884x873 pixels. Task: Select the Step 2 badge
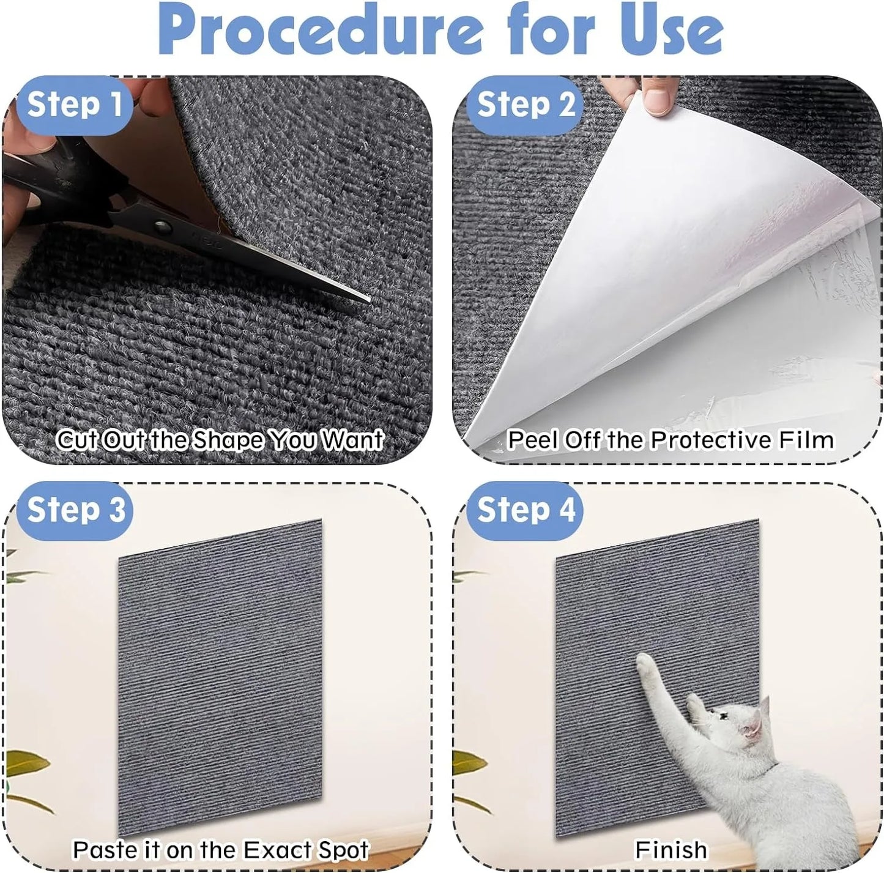(x=524, y=105)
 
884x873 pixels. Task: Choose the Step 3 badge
(x=75, y=510)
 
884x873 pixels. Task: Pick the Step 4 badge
(x=524, y=510)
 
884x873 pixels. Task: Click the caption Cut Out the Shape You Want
(x=219, y=440)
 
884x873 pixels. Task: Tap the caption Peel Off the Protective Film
(x=670, y=440)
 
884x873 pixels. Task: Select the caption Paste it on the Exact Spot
(x=220, y=850)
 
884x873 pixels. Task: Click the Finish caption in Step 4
(x=670, y=850)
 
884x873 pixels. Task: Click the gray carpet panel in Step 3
(x=219, y=673)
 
